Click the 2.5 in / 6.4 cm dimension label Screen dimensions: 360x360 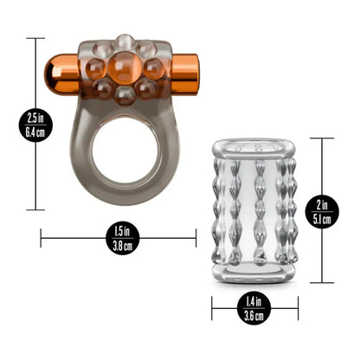(x=35, y=125)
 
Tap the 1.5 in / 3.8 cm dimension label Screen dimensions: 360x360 (x=122, y=238)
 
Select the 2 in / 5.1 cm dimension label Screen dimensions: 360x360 (x=322, y=212)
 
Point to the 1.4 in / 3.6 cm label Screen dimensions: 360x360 (x=254, y=308)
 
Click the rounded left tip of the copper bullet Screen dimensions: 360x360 (x=46, y=74)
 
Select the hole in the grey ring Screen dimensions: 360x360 (x=125, y=150)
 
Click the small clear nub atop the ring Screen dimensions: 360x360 (x=125, y=42)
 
